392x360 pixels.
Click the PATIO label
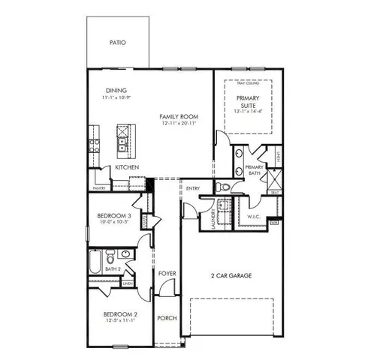(x=117, y=43)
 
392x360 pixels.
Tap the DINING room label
(x=116, y=91)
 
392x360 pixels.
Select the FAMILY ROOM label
(x=179, y=116)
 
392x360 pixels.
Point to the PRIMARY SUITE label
(x=249, y=102)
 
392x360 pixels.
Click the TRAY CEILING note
(x=249, y=82)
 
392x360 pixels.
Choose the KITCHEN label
(x=126, y=168)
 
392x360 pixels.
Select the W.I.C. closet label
(x=254, y=217)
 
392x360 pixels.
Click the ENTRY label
(x=193, y=188)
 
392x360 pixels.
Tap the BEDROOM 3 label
(x=115, y=216)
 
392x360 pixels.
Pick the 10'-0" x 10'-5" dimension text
(x=115, y=223)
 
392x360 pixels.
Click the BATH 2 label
(x=113, y=268)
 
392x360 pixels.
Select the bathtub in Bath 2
(x=95, y=263)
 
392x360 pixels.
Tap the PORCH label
(x=167, y=318)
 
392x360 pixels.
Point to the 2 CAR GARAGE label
(x=231, y=276)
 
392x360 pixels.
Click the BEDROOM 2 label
(x=119, y=313)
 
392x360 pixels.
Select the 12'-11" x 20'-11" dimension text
(x=179, y=124)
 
